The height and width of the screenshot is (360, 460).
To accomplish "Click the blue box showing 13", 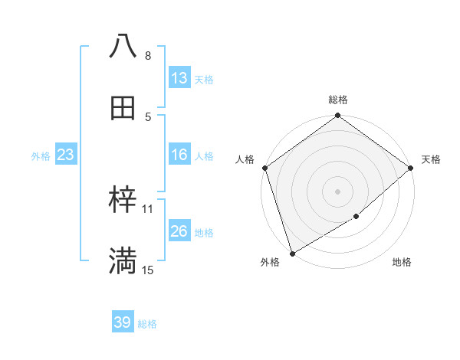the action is [x=179, y=78].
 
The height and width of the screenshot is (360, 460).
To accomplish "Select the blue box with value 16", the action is [x=179, y=155].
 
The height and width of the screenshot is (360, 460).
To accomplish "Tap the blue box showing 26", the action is [x=179, y=232].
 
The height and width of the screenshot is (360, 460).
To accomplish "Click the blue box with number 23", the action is [x=66, y=155].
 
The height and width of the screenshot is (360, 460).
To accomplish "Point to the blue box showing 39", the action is [x=123, y=322].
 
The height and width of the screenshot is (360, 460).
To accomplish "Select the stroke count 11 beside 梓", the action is [x=148, y=208].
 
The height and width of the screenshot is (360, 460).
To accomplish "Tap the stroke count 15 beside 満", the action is [x=148, y=270].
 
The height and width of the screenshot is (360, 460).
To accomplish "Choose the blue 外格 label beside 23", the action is [x=41, y=156].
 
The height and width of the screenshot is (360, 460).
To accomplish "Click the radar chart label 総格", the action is [x=338, y=100].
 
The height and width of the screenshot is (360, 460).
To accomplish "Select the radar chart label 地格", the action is [x=402, y=263].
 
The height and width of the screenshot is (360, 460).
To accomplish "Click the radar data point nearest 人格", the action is [x=264, y=168].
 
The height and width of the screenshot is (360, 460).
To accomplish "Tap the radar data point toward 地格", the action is [x=356, y=217].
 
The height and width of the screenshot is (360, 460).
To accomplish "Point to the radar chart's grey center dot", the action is [x=337, y=191].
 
